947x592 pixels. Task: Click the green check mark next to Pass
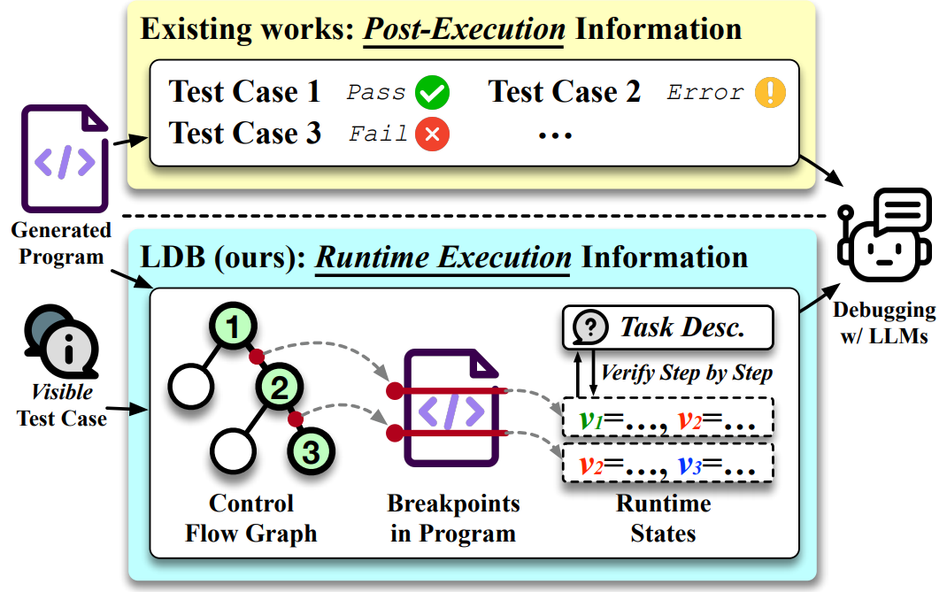pos(433,93)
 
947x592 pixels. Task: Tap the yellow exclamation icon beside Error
pos(770,93)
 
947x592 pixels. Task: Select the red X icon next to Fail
pos(433,135)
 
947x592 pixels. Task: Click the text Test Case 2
pos(565,92)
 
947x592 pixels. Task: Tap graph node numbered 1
pos(232,329)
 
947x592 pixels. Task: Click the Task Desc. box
pos(667,327)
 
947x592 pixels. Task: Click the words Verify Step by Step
pos(687,373)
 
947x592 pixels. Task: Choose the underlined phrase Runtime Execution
pos(443,258)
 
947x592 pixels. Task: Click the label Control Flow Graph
pos(250,519)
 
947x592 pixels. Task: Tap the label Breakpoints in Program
pos(453,519)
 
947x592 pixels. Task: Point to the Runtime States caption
pos(663,519)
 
